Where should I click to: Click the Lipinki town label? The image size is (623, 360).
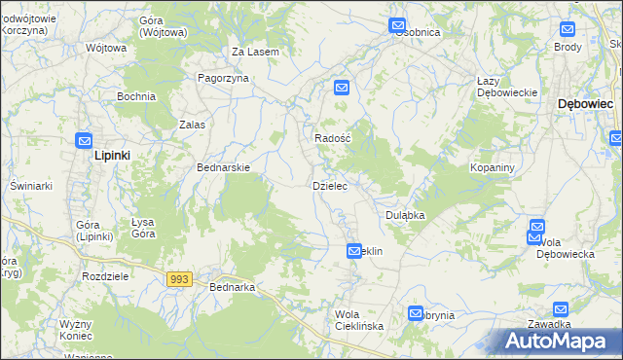pos(112,155)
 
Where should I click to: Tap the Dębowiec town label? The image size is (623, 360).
pos(584,103)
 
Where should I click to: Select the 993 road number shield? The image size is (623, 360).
pos(178,279)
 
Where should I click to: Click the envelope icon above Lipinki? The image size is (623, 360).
pos(85,139)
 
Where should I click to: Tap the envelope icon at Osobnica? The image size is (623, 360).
pos(397,25)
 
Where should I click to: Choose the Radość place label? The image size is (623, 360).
pos(331,138)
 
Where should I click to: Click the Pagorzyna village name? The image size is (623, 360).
pos(223,79)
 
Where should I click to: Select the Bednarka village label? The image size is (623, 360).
pos(232,287)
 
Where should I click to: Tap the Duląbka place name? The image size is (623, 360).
pos(405,215)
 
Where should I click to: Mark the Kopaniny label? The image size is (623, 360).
pos(492,168)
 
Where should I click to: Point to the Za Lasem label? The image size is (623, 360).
pos(255,52)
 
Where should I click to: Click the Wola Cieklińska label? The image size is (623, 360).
pos(358,320)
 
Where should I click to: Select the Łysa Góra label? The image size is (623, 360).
pos(144,228)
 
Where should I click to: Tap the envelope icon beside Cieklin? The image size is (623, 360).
pos(353,251)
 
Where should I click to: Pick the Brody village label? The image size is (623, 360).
pos(568,47)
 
